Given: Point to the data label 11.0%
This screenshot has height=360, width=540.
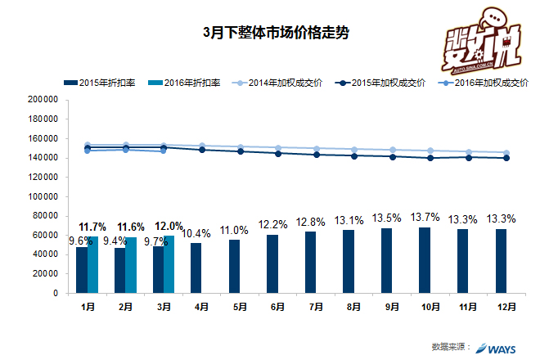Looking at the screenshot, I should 234,230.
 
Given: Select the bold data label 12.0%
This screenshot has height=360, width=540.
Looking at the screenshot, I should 169,226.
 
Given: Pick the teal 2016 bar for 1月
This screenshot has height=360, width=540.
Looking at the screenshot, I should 93,264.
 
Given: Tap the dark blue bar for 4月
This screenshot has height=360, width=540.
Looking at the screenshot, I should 196,268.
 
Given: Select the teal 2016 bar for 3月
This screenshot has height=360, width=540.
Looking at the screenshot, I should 169,263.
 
